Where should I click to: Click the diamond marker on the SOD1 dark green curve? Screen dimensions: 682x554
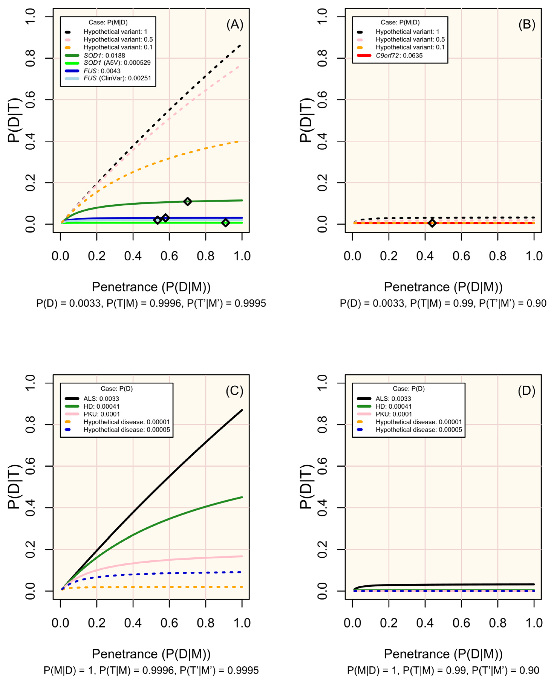188,201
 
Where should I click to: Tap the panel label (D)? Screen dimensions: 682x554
526,391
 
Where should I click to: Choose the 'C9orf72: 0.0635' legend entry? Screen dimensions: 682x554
399,56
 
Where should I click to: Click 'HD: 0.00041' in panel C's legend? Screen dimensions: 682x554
102,406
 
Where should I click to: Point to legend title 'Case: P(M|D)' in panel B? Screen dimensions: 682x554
400,22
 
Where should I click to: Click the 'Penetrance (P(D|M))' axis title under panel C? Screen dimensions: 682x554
151,654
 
